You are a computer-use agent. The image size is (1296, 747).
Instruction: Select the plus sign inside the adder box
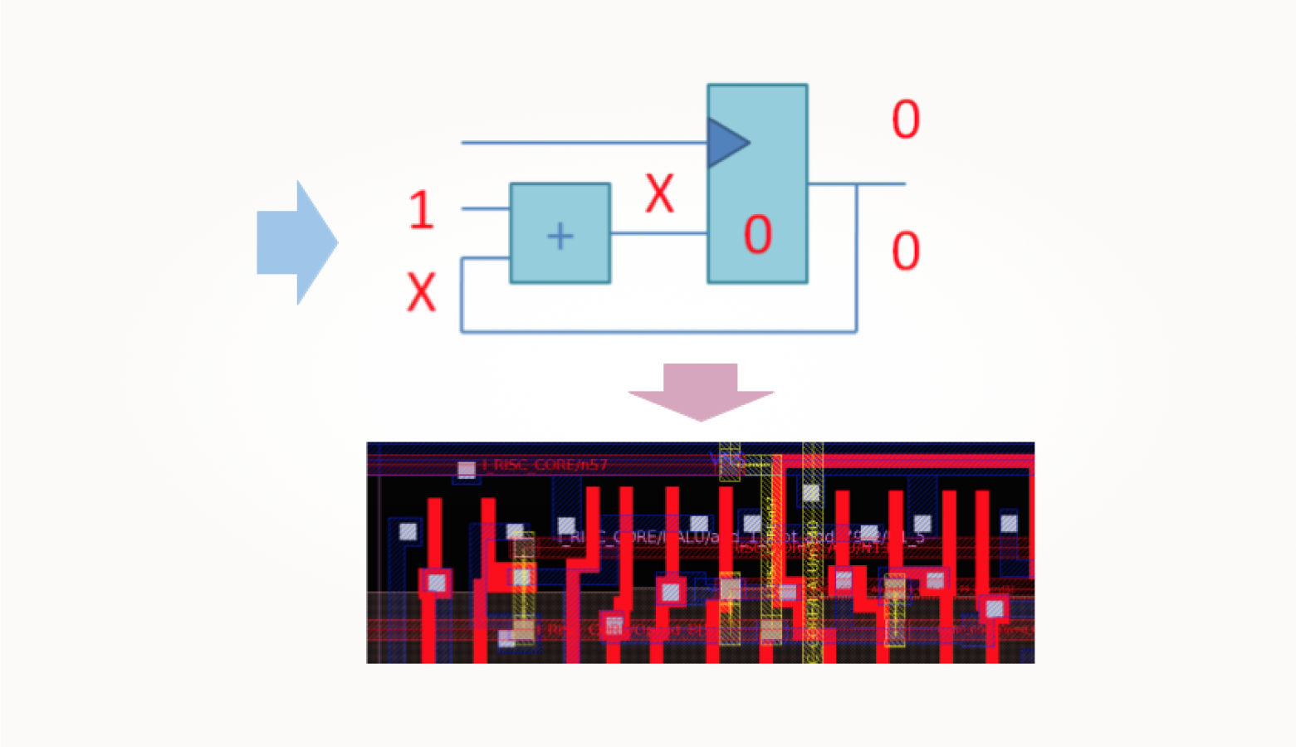point(560,236)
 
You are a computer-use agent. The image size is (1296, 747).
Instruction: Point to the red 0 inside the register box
point(757,234)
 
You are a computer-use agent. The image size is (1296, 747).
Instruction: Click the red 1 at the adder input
point(421,209)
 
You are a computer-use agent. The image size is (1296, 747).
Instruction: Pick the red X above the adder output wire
point(659,194)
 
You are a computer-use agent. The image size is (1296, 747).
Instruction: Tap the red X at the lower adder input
point(421,292)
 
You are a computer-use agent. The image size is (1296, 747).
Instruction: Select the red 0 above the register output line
point(905,120)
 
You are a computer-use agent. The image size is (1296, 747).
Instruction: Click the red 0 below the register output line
point(905,251)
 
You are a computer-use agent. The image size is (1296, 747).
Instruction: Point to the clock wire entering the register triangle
point(581,143)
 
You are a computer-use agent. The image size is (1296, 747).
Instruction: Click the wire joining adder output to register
point(658,233)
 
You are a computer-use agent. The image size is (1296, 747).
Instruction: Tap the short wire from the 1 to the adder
point(486,208)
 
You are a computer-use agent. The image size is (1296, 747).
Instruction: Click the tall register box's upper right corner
point(807,85)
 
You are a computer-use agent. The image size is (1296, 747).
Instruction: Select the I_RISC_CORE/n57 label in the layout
point(545,465)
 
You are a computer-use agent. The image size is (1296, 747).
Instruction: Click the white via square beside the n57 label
point(467,470)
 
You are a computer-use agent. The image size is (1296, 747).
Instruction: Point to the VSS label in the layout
point(722,458)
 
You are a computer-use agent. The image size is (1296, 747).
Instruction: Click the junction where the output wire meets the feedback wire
point(857,184)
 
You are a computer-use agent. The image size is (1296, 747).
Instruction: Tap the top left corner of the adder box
point(511,185)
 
